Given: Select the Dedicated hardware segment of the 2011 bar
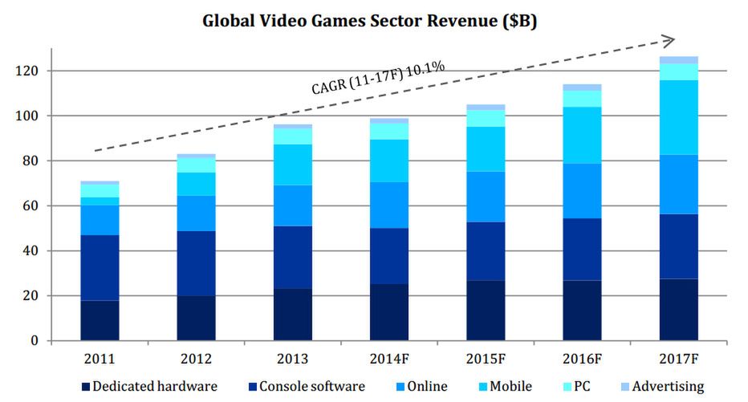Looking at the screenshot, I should pyautogui.click(x=100, y=320).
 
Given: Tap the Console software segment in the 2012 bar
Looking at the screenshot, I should pyautogui.click(x=196, y=263).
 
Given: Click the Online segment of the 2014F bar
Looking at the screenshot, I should pyautogui.click(x=389, y=205).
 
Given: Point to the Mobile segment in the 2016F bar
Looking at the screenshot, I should pyautogui.click(x=582, y=135).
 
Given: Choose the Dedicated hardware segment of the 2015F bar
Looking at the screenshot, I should pyautogui.click(x=486, y=310).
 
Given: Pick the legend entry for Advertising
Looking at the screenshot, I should pyautogui.click(x=663, y=386).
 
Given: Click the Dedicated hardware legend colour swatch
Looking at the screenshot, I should pyautogui.click(x=84, y=387).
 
